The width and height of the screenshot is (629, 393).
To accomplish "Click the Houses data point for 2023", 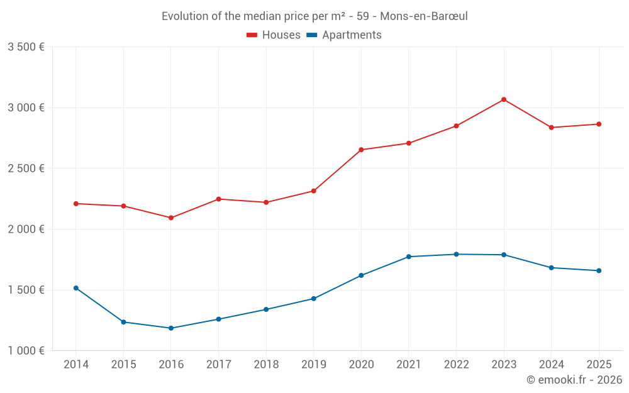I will [504, 99].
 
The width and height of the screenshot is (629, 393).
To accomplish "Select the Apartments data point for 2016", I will [171, 328].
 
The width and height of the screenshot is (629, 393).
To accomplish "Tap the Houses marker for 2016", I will [171, 218].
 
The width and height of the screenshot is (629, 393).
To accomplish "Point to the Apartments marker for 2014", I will [76, 288].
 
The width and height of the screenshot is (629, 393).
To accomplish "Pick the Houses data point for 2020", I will [361, 150].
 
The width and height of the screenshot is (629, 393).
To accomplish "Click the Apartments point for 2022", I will [456, 254].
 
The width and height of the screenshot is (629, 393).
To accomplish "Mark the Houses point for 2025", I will [599, 124].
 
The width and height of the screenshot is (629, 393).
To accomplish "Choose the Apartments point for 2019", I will [314, 299].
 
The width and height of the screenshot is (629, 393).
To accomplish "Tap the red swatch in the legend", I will [252, 35].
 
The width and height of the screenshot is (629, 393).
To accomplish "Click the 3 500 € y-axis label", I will [26, 47].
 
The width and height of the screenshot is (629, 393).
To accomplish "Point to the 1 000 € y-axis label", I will [26, 351].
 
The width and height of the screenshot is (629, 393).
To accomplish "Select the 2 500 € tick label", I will [26, 169].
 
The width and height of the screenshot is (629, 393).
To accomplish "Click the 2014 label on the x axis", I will [76, 364].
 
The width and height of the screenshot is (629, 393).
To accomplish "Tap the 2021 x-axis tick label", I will [409, 364].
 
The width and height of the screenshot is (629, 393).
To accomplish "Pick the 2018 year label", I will [266, 364].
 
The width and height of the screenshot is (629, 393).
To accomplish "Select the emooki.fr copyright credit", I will [574, 380].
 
